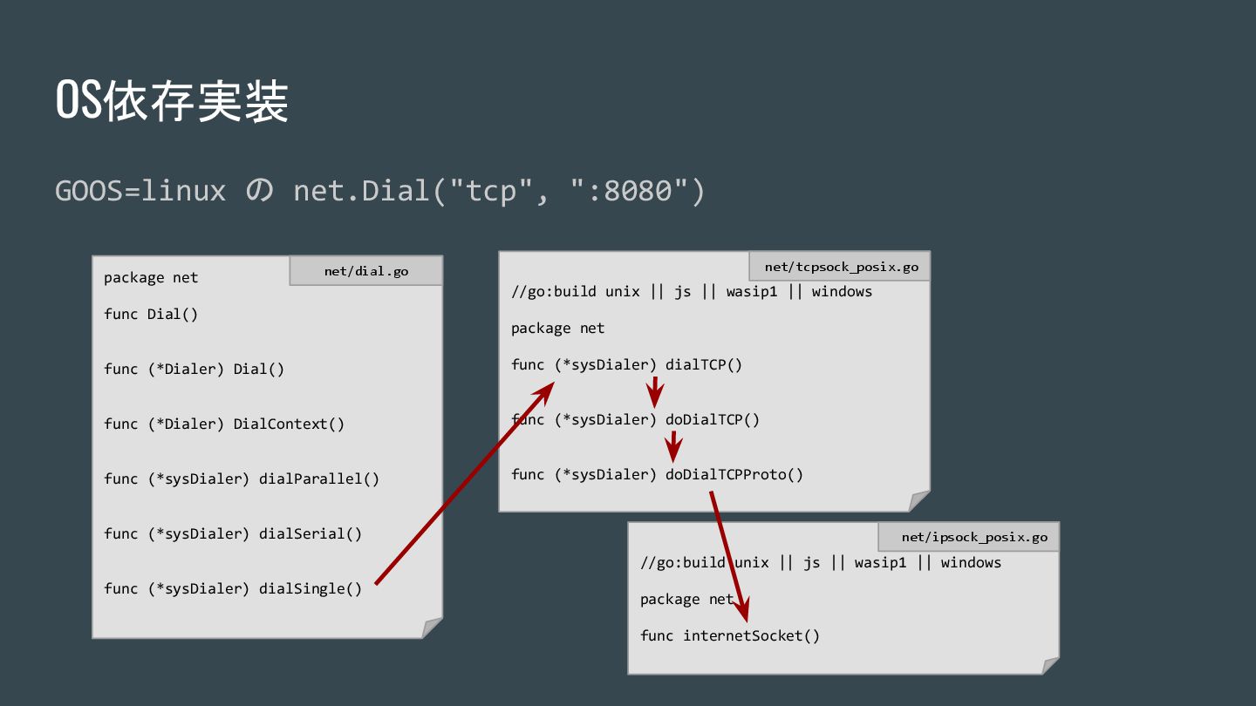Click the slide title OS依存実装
click(x=172, y=102)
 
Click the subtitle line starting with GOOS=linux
click(x=379, y=190)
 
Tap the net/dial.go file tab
click(x=366, y=271)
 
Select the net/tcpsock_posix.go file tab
click(x=841, y=267)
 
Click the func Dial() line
click(x=151, y=314)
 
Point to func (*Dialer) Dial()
click(x=194, y=369)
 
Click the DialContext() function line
click(x=224, y=424)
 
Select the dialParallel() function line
click(x=242, y=479)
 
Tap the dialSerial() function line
click(x=233, y=533)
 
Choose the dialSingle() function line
click(x=233, y=588)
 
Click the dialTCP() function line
click(x=626, y=364)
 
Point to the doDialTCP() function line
click(x=635, y=419)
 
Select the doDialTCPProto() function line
click(x=657, y=474)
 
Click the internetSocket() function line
click(x=730, y=635)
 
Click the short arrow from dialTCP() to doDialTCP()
click(x=655, y=392)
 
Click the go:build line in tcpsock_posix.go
click(x=691, y=291)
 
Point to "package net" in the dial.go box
click(x=151, y=277)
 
